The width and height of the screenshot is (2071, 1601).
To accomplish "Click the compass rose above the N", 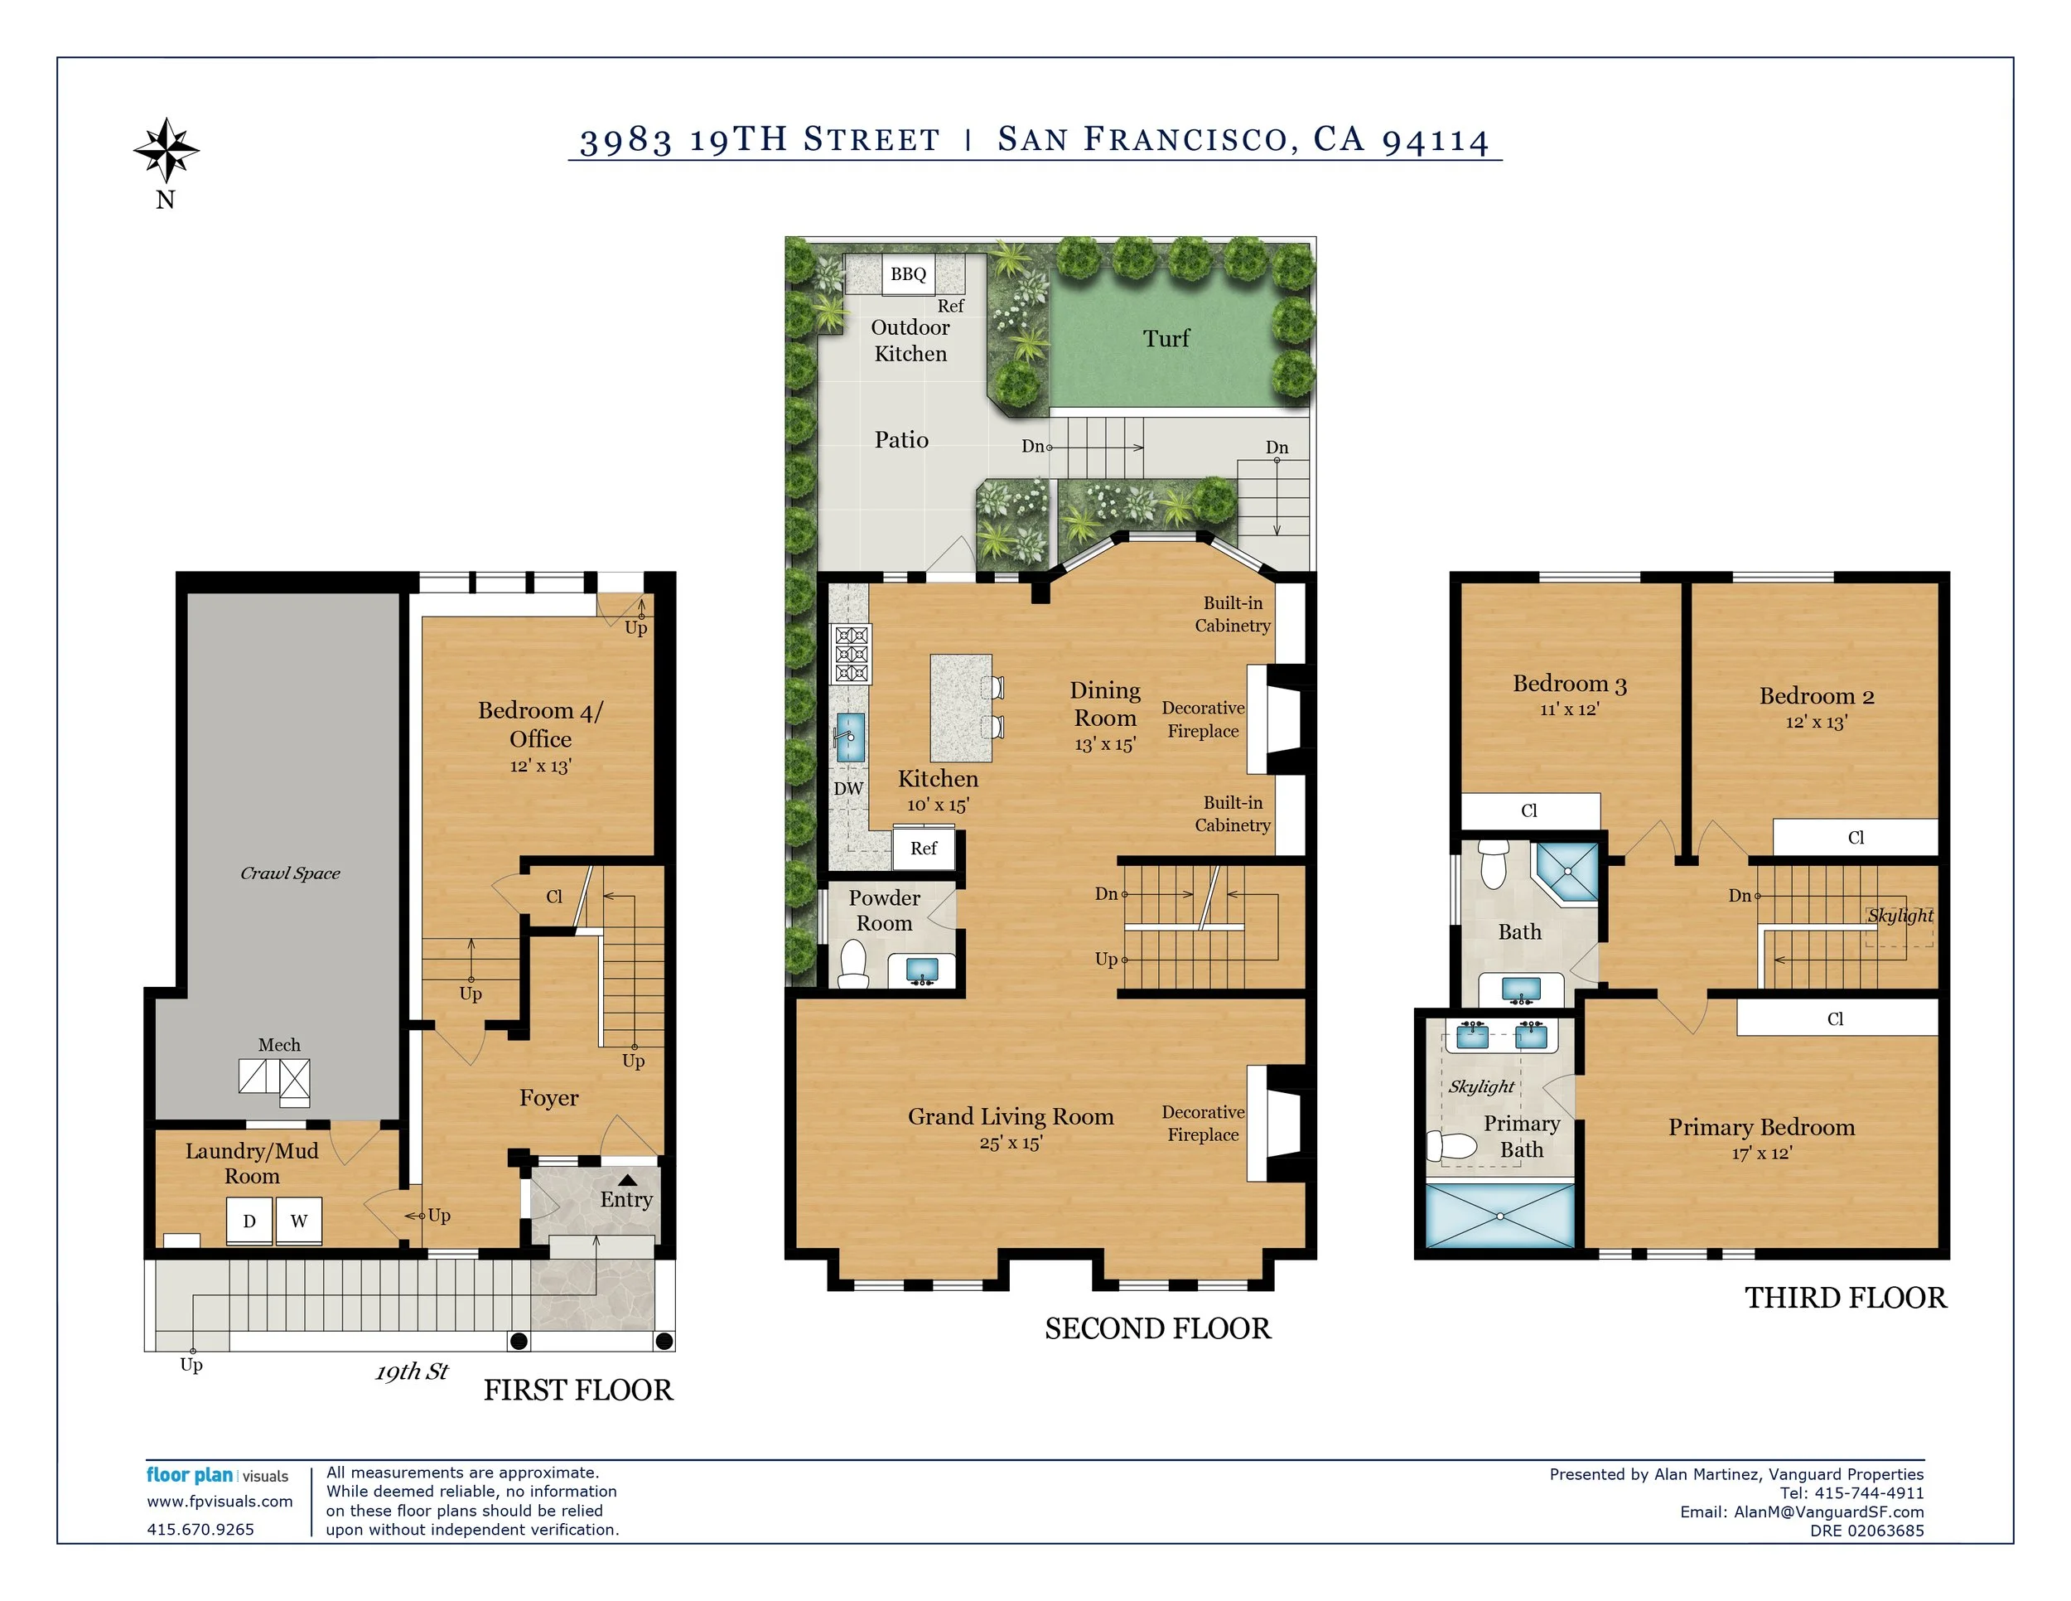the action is pyautogui.click(x=166, y=150).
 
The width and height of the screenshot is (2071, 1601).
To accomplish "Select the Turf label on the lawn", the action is pyautogui.click(x=1166, y=339).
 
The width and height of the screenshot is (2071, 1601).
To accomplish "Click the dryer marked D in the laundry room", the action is pyautogui.click(x=249, y=1221).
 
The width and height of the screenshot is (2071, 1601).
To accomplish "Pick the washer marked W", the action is pyautogui.click(x=299, y=1221).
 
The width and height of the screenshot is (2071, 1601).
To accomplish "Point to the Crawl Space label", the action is pyautogui.click(x=290, y=873).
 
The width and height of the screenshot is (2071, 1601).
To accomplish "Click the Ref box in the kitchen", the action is pyautogui.click(x=924, y=849).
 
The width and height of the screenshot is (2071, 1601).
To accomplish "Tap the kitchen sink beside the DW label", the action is pyautogui.click(x=850, y=737).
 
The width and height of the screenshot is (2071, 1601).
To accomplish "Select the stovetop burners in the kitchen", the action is pyautogui.click(x=851, y=654).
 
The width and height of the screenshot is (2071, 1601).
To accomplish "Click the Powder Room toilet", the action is pyautogui.click(x=853, y=964).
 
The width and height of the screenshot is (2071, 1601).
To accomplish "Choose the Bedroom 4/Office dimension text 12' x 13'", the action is pyautogui.click(x=540, y=767).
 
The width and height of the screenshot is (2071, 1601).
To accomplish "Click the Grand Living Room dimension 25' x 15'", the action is pyautogui.click(x=1011, y=1143).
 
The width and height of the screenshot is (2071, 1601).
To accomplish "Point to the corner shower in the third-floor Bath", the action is pyautogui.click(x=1567, y=872).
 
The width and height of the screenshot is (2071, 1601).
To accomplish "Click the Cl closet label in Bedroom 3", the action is pyautogui.click(x=1528, y=811).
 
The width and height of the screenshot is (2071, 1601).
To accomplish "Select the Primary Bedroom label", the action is pyautogui.click(x=1761, y=1127).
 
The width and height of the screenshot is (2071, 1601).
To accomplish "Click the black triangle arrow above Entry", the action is pyautogui.click(x=628, y=1180).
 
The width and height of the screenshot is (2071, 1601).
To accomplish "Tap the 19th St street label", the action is pyautogui.click(x=412, y=1371).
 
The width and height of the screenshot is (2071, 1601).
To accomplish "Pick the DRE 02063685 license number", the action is pyautogui.click(x=1867, y=1531).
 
